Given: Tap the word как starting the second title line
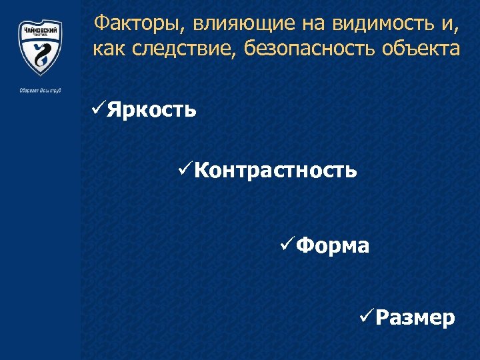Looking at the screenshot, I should (109, 49).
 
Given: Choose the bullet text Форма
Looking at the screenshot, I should (332, 246).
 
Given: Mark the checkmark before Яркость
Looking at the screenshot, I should (97, 107).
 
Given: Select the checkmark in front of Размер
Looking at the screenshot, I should (365, 316).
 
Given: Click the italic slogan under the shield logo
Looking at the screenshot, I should (40, 90).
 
